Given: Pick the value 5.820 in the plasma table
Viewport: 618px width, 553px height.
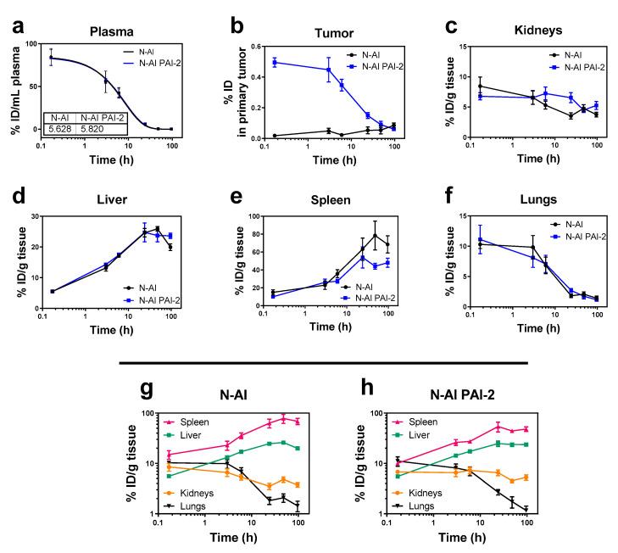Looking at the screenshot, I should tap(94, 129).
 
